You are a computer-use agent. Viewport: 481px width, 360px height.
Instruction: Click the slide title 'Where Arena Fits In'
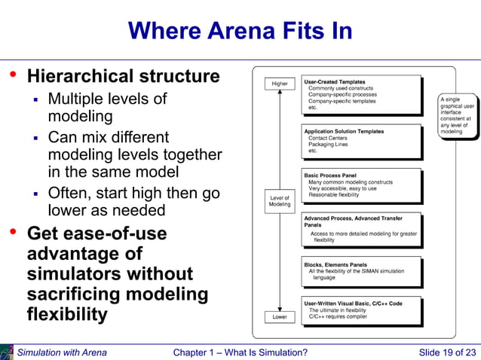240,31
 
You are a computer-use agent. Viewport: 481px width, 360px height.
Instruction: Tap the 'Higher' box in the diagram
279,84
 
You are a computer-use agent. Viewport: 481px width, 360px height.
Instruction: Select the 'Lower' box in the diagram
279,317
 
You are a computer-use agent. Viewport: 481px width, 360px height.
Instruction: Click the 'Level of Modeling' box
279,201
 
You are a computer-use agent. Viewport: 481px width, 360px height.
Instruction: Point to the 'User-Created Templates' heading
334,81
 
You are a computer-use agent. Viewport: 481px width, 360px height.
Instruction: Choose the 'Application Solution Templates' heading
344,132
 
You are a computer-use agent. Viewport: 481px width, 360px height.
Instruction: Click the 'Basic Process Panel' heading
330,175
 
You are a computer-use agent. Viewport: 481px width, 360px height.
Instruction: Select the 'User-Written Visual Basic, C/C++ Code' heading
352,303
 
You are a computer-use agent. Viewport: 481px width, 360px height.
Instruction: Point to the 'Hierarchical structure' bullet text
124,77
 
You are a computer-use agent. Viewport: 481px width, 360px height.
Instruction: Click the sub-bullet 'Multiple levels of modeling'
107,108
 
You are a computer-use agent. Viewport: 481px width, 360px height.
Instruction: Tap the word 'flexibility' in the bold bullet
67,313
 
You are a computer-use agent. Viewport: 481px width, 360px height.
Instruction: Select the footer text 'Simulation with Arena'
62,352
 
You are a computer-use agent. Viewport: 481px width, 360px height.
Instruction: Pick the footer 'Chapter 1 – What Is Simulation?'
240,352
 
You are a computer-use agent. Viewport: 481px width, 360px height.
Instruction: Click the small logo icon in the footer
7,352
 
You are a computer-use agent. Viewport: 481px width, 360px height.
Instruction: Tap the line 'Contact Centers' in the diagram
329,139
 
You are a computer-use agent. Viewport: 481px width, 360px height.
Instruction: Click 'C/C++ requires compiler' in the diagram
338,317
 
